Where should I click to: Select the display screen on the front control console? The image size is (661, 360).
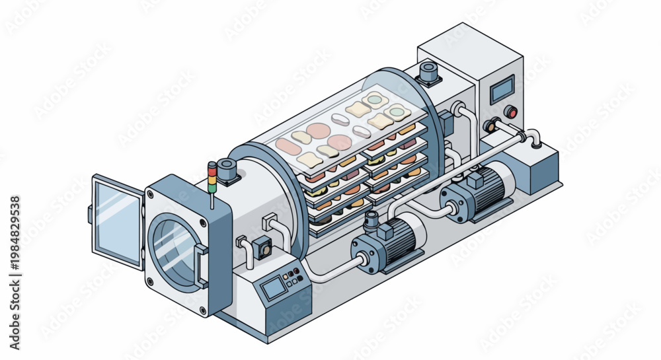coord(272,288)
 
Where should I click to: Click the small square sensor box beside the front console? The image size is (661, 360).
coord(266,246)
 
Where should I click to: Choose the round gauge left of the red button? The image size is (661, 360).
coord(490,124)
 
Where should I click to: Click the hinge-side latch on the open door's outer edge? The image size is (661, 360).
coord(90,214)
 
